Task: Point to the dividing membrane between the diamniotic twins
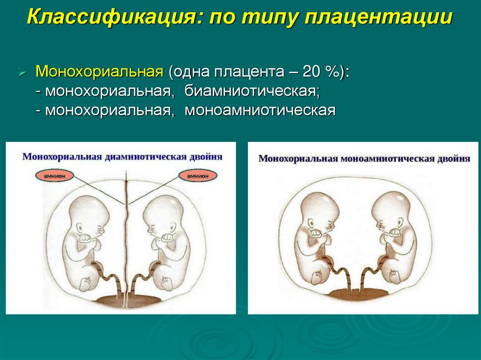point(125,235)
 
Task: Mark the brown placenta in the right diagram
point(358,294)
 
